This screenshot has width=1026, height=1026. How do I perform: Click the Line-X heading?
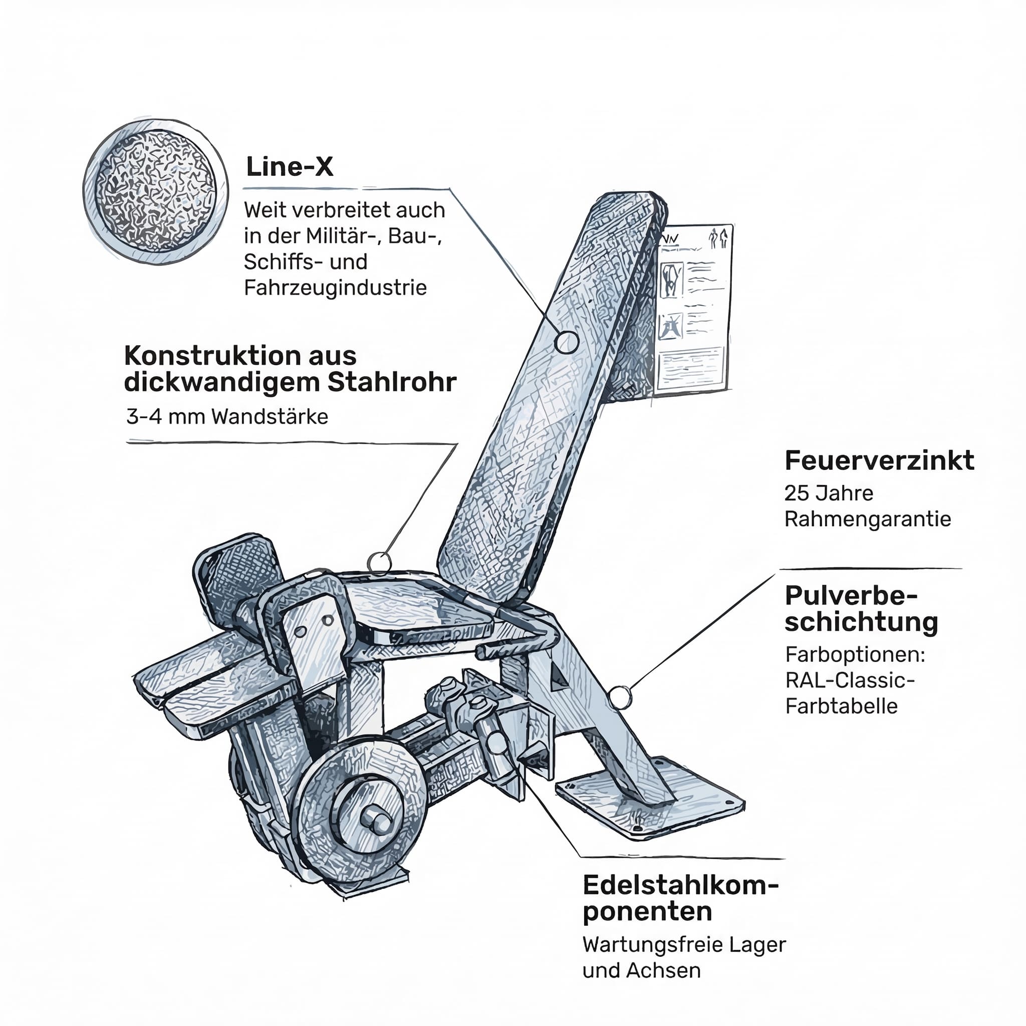(290, 167)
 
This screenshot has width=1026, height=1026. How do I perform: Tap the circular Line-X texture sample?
(156, 192)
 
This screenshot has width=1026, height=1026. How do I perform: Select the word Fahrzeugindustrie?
(335, 288)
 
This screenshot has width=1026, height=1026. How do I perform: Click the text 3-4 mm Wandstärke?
(227, 416)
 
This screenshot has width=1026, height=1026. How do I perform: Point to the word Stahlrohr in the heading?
(392, 382)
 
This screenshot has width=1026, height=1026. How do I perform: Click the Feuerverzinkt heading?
(879, 460)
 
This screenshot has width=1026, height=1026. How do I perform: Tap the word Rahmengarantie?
(867, 519)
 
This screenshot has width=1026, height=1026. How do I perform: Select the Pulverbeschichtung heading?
(860, 609)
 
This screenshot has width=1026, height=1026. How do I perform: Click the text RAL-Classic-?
(850, 680)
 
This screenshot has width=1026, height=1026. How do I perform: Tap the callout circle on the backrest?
(567, 342)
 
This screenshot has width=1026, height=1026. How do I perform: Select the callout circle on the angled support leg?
(620, 697)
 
